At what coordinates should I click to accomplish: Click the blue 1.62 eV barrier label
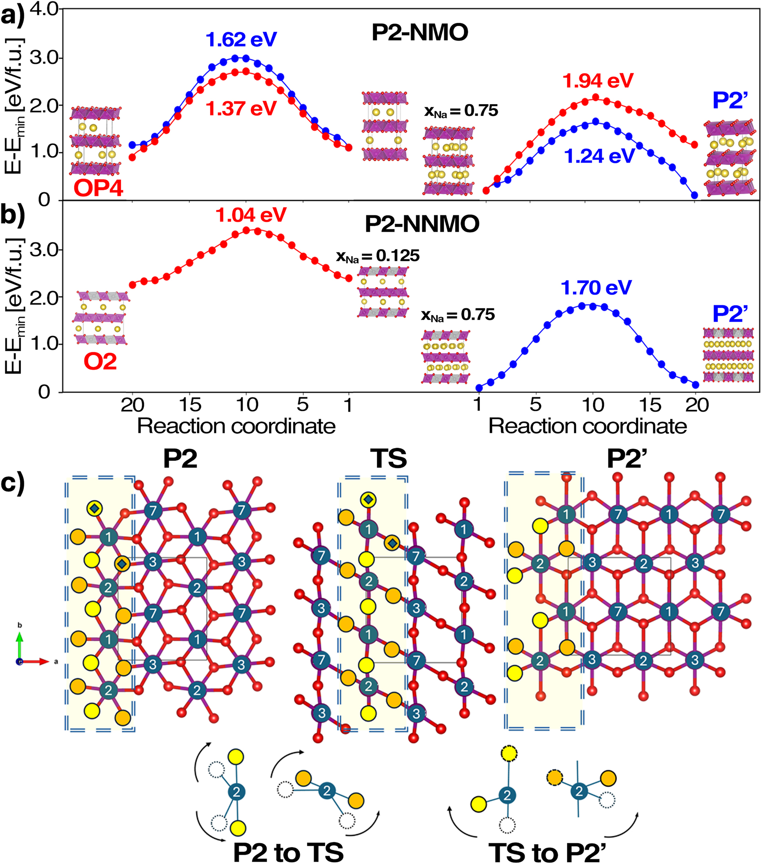coord(241,39)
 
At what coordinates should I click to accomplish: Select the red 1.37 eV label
coord(241,109)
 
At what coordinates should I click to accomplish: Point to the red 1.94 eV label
coord(597,80)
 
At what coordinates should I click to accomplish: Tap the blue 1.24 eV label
coord(599,156)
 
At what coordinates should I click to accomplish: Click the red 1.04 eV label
coord(251,215)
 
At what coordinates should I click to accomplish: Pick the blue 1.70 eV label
coord(596,288)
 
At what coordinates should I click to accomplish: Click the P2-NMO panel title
coord(420,32)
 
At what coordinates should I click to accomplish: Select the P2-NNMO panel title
coord(422,224)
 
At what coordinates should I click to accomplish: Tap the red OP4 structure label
coord(98,188)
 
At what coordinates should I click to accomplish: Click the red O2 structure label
coord(100,361)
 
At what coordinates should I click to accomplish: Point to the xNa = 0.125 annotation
coord(377,256)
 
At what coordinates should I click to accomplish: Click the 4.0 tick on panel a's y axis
coord(44,9)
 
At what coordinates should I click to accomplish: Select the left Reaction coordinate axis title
coord(236,426)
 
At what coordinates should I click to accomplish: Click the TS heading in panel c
coord(388,458)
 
